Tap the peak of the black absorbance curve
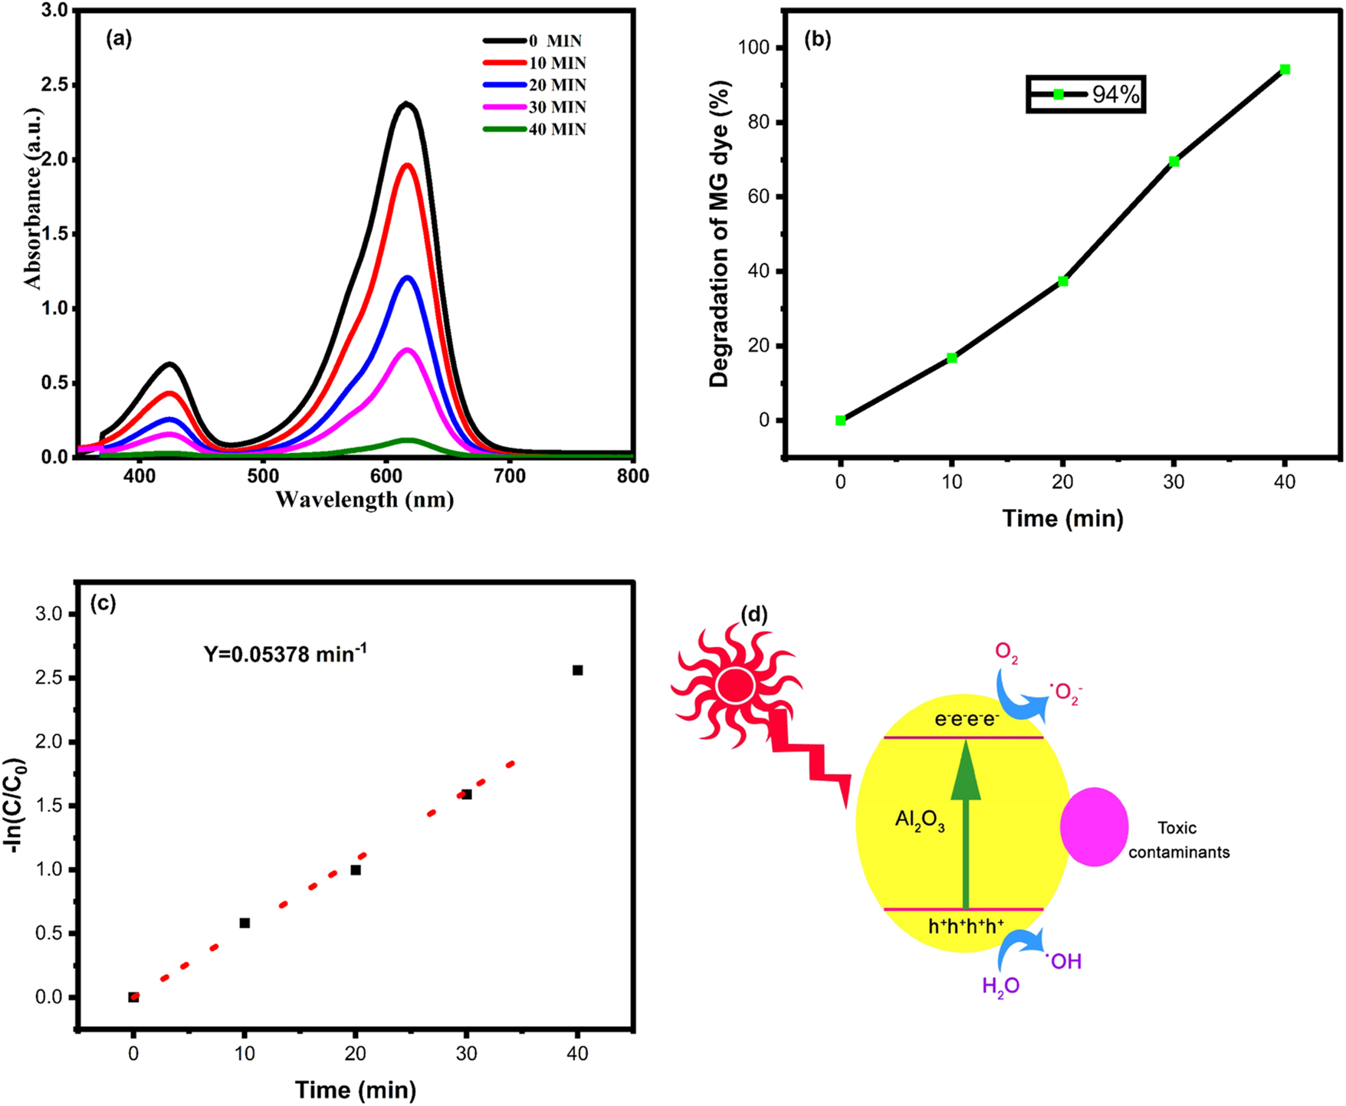[406, 104]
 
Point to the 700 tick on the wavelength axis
[510, 476]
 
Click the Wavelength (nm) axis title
[364, 500]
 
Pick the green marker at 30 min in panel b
[1174, 162]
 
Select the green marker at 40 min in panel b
[1285, 70]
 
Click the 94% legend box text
[1115, 95]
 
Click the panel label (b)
[817, 41]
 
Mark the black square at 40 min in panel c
[578, 671]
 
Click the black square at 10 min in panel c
[245, 923]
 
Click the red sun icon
[735, 685]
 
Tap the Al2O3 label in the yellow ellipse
[920, 821]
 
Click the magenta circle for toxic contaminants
[1094, 827]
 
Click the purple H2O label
[1000, 986]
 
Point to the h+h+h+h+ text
[966, 927]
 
